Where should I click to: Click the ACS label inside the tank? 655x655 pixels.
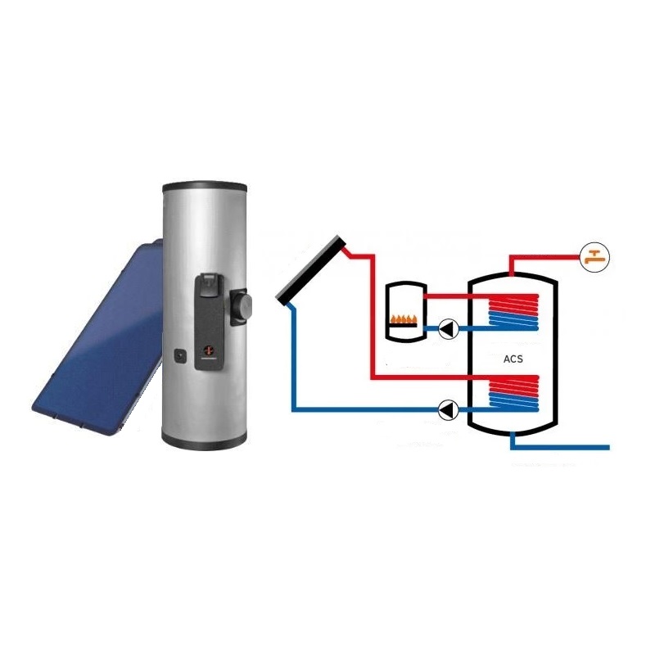513,359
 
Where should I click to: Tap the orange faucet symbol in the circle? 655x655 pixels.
595,257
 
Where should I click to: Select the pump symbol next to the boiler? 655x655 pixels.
449,329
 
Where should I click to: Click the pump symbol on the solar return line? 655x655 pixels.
449,409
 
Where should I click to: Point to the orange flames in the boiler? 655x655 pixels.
404,318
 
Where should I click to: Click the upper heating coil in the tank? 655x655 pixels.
513,312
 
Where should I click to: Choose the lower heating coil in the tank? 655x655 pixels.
513,392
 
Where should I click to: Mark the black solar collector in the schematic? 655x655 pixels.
311,269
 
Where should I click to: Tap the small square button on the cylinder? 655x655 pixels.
180,356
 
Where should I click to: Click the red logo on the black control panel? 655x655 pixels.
208,350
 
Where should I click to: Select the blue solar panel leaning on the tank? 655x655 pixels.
97,337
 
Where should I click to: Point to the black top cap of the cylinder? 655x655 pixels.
204,187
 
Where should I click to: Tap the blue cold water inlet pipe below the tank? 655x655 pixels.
560,447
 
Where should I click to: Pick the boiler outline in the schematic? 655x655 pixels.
405,312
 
